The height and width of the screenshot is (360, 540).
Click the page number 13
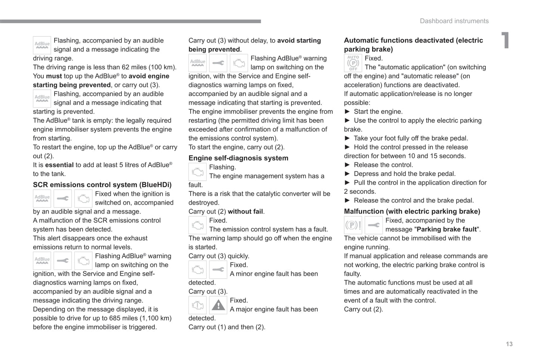[x=509, y=344]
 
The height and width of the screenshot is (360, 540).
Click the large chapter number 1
[x=506, y=40]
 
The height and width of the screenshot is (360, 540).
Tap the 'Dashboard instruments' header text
[x=454, y=21]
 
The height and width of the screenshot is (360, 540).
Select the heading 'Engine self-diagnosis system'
[x=238, y=158]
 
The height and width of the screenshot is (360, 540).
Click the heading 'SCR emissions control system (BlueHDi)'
[x=102, y=185]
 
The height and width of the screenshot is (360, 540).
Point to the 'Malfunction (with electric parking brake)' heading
[x=412, y=211]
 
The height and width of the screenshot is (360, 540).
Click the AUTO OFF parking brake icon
[x=353, y=63]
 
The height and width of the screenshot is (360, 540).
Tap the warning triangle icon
[x=218, y=305]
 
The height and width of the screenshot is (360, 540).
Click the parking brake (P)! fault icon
[x=353, y=225]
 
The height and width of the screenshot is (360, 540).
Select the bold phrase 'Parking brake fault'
[x=447, y=229]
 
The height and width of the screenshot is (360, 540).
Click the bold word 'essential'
[x=59, y=165]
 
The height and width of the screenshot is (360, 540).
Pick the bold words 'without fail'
[x=245, y=212]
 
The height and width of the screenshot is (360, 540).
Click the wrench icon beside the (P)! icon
[x=373, y=225]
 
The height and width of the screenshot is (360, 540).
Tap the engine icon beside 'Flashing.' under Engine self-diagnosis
[x=197, y=172]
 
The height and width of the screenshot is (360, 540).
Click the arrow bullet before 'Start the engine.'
[x=347, y=112]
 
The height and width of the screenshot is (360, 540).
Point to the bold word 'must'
[x=54, y=76]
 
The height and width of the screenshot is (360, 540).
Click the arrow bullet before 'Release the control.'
[x=347, y=165]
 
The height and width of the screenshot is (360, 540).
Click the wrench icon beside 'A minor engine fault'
[x=218, y=270]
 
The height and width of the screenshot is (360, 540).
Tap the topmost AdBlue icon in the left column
[x=42, y=45]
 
